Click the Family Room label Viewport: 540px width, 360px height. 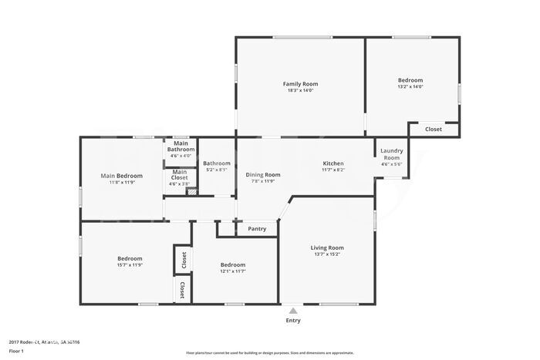pyautogui.click(x=300, y=84)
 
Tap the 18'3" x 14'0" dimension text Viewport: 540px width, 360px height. pyautogui.click(x=300, y=91)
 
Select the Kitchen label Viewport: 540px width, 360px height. pyautogui.click(x=333, y=163)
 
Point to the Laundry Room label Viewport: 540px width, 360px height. pyautogui.click(x=392, y=154)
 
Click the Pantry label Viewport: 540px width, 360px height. pyautogui.click(x=257, y=229)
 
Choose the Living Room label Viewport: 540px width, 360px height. pyautogui.click(x=327, y=247)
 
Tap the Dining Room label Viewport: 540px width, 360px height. pyautogui.click(x=263, y=175)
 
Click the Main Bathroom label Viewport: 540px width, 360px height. pyautogui.click(x=181, y=146)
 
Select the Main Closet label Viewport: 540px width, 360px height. pyautogui.click(x=179, y=175)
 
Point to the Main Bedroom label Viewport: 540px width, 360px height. pyautogui.click(x=122, y=176)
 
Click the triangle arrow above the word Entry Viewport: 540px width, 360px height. pyautogui.click(x=293, y=310)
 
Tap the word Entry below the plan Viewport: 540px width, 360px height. pyautogui.click(x=293, y=321)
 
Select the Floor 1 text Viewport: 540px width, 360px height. pyautogui.click(x=17, y=352)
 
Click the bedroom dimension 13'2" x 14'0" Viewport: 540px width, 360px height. pyautogui.click(x=410, y=86)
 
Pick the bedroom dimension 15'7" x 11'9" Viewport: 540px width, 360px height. pyautogui.click(x=130, y=264)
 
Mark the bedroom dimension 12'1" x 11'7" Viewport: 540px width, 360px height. pyautogui.click(x=232, y=271)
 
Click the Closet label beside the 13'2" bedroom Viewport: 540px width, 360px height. pyautogui.click(x=434, y=130)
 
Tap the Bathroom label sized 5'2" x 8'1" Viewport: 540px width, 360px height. pyautogui.click(x=217, y=163)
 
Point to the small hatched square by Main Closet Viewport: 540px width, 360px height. pyautogui.click(x=192, y=192)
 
